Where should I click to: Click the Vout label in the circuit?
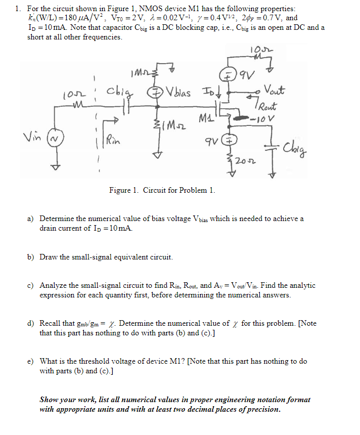[x=275, y=91]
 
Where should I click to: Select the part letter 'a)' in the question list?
[x=30, y=219]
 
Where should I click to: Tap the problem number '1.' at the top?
[x=18, y=9]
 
